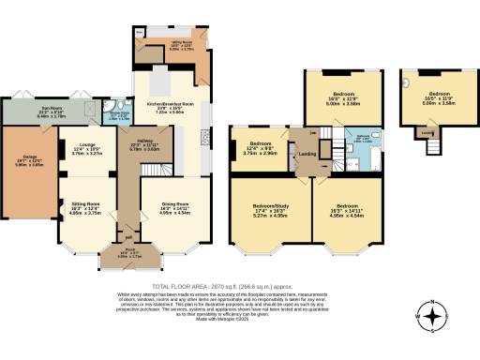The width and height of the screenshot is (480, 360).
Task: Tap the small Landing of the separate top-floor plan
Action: tap(427, 132)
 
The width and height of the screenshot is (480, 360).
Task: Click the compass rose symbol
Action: tap(432, 318)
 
